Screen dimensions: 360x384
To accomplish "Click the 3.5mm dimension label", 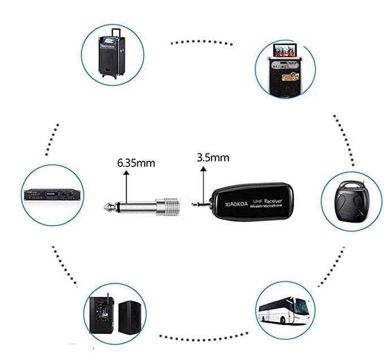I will point(213,157).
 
